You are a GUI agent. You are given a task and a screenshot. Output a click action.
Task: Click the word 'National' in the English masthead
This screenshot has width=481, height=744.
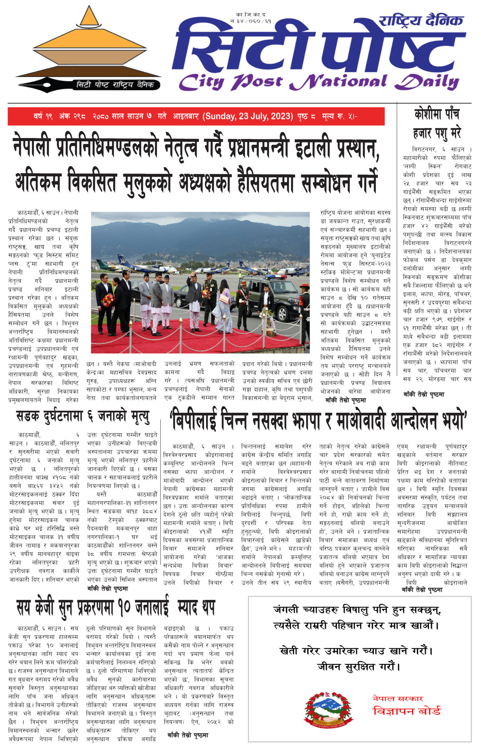339,82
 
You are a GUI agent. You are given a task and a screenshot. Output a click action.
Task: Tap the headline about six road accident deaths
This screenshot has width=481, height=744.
83,417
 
